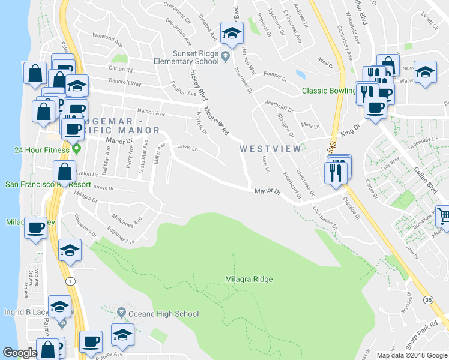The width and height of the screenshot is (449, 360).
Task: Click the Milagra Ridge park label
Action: coord(249,279)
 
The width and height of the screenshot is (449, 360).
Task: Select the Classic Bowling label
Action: coord(328,91)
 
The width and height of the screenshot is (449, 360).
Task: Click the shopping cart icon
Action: coord(443,215)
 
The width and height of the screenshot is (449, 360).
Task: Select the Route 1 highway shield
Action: coord(71,281)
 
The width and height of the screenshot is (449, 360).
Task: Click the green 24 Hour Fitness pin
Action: coord(76,148)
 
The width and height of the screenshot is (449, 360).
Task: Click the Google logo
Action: coord(20,353)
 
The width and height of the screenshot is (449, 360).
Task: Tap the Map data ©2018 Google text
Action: coord(412,355)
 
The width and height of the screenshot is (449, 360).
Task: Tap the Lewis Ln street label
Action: coord(187,148)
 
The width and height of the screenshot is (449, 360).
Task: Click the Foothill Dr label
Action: coord(276,73)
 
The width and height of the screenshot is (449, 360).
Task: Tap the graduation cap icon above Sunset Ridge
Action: coord(231,34)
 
